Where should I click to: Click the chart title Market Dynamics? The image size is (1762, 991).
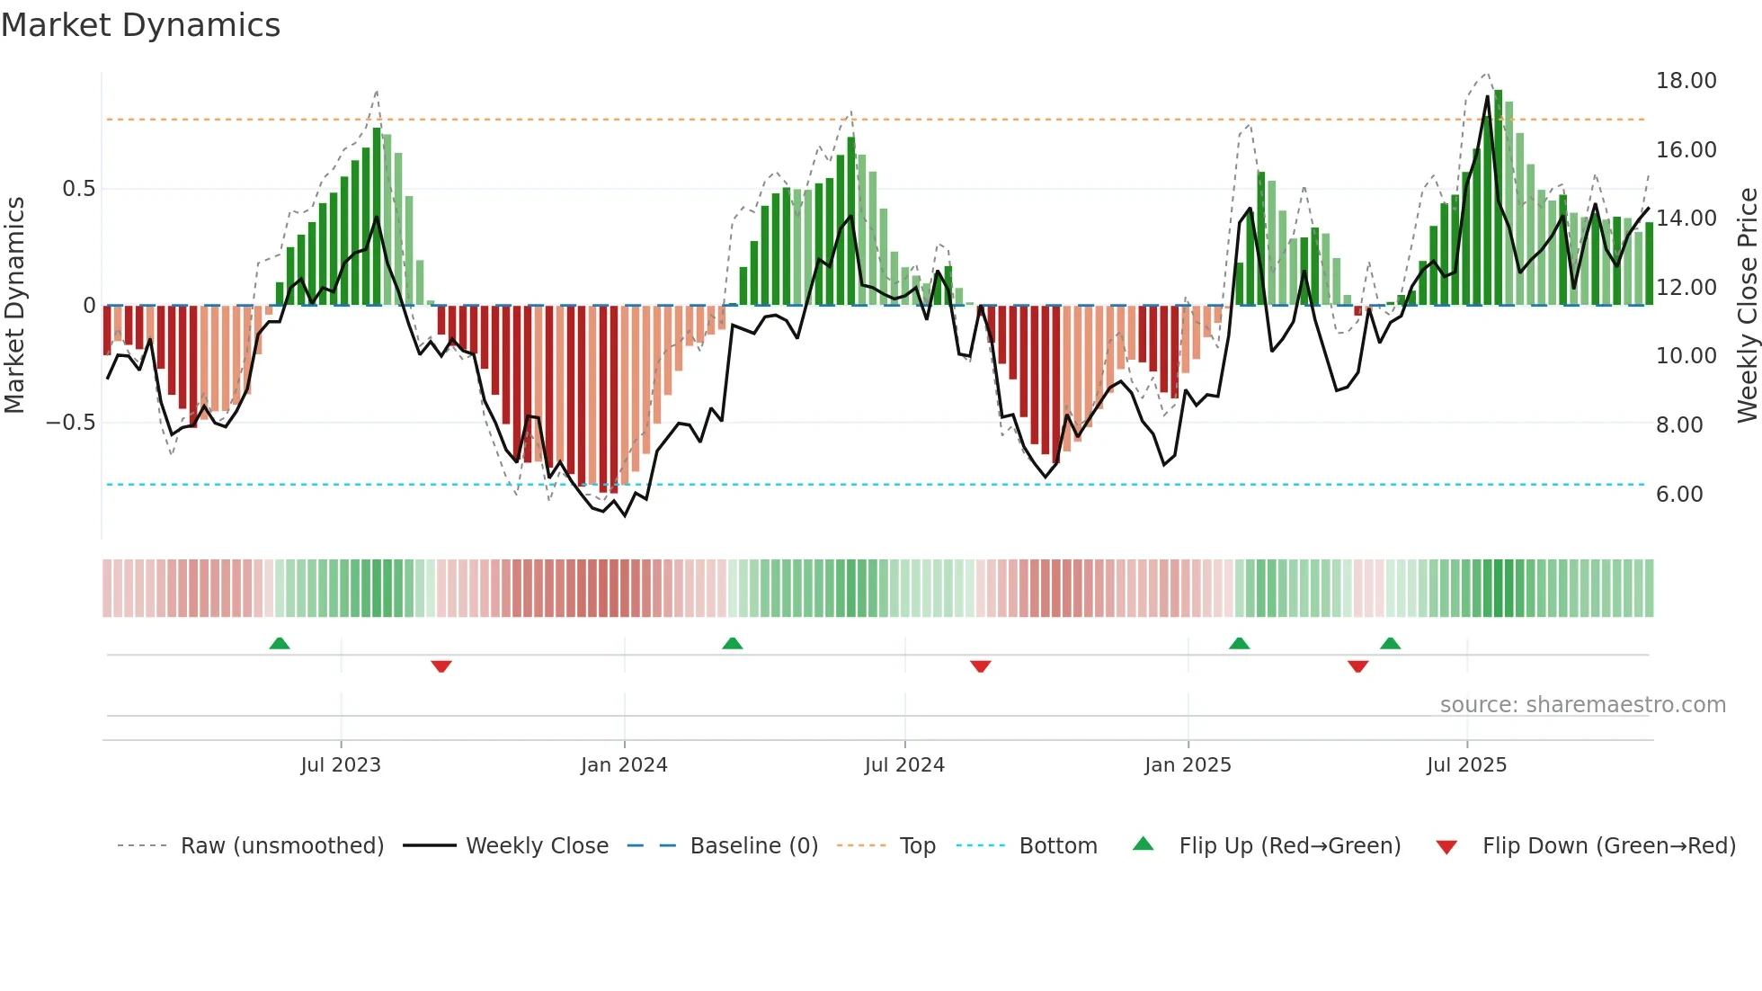pyautogui.click(x=140, y=25)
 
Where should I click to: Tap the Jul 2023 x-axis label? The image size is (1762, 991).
pyautogui.click(x=341, y=765)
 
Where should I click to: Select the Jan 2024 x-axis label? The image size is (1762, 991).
pyautogui.click(x=624, y=765)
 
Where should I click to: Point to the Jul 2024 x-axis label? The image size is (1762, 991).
pyautogui.click(x=904, y=765)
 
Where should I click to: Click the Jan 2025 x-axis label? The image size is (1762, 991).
pyautogui.click(x=1188, y=765)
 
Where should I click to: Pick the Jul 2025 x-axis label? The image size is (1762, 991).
pyautogui.click(x=1466, y=765)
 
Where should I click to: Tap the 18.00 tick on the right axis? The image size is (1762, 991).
pyautogui.click(x=1686, y=81)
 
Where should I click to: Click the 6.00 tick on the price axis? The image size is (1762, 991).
pyautogui.click(x=1678, y=495)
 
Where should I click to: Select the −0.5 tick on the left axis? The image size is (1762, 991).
pyautogui.click(x=71, y=423)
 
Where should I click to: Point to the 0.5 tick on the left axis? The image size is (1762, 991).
pyautogui.click(x=78, y=189)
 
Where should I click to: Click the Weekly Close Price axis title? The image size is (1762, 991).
pyautogui.click(x=1747, y=305)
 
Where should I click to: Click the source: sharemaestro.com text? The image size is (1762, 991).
pyautogui.click(x=1582, y=705)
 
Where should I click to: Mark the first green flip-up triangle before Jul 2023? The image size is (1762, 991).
pyautogui.click(x=280, y=643)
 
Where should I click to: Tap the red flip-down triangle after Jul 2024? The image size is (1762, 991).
pyautogui.click(x=981, y=666)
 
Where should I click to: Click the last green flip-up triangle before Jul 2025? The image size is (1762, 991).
pyautogui.click(x=1390, y=643)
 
